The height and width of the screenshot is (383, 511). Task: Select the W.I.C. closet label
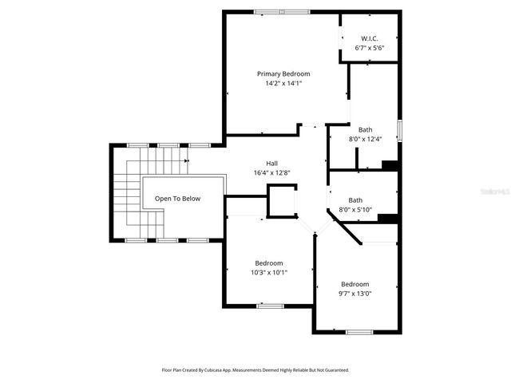coord(368,38)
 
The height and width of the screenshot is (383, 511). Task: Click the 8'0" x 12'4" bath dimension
coord(365,139)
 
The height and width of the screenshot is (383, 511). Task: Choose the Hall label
coord(260,163)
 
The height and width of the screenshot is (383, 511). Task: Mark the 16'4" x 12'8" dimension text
coord(260,172)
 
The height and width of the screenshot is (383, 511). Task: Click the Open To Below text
coord(177,199)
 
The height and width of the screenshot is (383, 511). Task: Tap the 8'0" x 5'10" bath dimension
coord(355,210)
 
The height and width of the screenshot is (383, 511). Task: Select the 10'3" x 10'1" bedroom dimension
coord(268,272)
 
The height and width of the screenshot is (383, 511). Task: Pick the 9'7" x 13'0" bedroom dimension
coord(355,294)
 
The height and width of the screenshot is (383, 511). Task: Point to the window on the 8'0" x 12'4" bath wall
coord(399,130)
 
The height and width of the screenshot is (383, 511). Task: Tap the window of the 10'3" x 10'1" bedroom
coord(269,305)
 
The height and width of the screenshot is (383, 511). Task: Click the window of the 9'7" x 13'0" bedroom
coord(358,331)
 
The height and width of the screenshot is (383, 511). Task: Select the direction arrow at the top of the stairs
coord(185,160)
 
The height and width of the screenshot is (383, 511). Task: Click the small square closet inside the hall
coord(280,200)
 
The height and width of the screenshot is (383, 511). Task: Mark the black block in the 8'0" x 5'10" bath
coord(387,219)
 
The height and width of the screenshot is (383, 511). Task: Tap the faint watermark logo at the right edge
coord(493,191)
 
